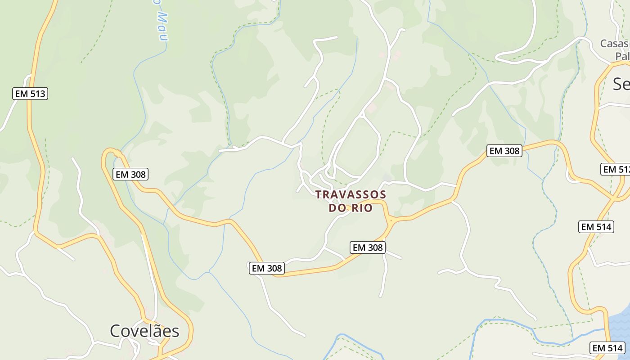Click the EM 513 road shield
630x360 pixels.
tap(30, 94)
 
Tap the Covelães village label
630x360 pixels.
tap(144, 331)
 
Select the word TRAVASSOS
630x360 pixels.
tap(351, 194)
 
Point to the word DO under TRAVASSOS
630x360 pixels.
tap(337, 208)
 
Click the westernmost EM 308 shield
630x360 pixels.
tap(130, 174)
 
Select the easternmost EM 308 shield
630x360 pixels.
tap(504, 151)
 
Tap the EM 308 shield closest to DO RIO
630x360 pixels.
tap(368, 247)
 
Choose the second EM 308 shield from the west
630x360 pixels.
tap(267, 268)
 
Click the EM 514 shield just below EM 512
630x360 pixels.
tap(596, 227)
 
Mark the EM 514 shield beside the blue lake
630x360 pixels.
tap(607, 347)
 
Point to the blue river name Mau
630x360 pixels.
tap(162, 27)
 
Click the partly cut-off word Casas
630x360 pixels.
tap(615, 44)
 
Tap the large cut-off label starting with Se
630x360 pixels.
tap(621, 84)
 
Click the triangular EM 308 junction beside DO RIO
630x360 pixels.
tap(390, 220)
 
